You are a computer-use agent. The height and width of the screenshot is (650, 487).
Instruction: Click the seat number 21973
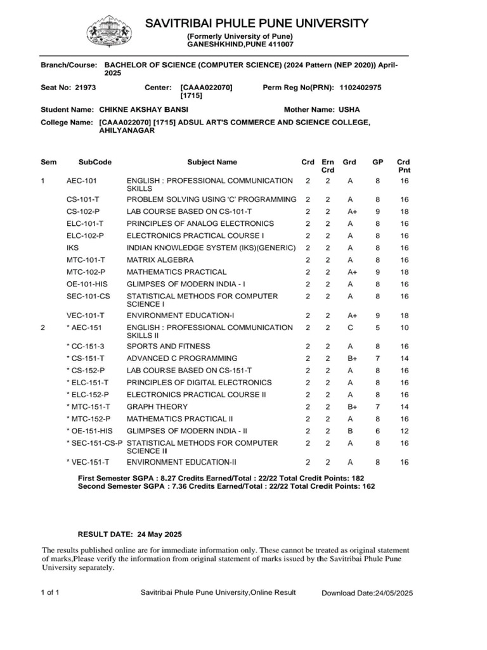(x=85, y=87)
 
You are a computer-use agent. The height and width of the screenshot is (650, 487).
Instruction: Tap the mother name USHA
(x=349, y=110)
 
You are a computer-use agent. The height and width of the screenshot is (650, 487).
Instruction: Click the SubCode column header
(x=94, y=162)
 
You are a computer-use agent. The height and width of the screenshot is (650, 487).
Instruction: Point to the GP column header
(x=377, y=162)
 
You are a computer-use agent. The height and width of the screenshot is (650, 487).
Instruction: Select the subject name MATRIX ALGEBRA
(x=161, y=260)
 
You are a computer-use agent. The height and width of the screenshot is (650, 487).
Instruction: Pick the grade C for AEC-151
(x=349, y=328)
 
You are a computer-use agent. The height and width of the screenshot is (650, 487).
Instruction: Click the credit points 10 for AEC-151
(x=404, y=328)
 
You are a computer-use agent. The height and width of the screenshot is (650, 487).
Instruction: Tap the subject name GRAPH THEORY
(x=157, y=406)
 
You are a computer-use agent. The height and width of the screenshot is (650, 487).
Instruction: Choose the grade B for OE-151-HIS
(x=349, y=430)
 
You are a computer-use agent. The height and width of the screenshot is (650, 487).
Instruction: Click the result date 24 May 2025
(x=155, y=534)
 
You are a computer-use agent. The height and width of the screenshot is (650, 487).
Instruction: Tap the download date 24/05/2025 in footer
(x=393, y=593)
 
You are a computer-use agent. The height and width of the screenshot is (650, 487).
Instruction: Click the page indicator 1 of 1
(x=50, y=592)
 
